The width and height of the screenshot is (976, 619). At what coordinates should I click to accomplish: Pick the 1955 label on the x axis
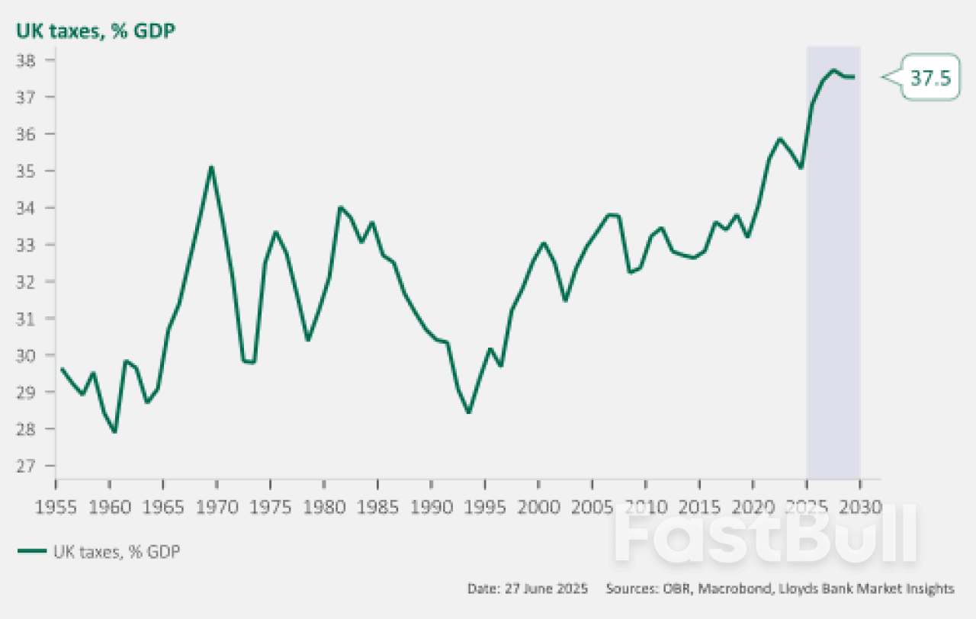coord(56,506)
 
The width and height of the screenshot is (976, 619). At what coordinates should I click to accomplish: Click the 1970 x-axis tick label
coord(217,506)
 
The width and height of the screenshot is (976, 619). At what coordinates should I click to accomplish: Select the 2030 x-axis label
coord(860,506)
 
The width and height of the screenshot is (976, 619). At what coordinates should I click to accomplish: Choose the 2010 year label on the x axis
coord(646,506)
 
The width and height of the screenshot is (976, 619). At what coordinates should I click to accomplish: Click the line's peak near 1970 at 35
coord(211,167)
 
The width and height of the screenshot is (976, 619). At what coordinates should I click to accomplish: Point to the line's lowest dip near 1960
coord(114,432)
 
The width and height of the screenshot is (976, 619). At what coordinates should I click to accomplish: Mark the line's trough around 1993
coord(468,412)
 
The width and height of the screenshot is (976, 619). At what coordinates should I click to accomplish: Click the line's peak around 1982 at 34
coord(339,207)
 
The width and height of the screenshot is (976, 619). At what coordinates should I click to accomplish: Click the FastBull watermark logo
coord(766,537)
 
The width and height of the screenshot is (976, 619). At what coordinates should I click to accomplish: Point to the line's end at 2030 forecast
coord(854,77)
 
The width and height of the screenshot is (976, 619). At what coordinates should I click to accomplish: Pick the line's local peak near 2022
coord(779,139)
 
